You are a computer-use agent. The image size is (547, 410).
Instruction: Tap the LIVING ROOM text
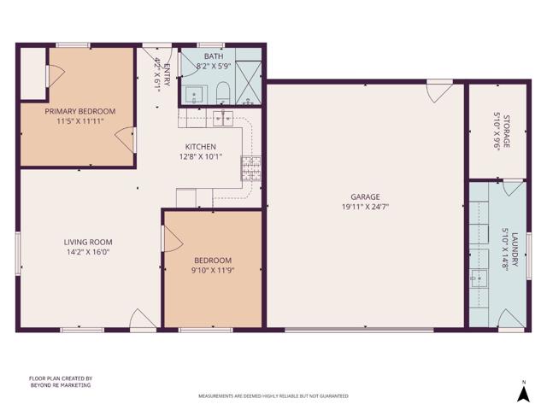pos(88,242)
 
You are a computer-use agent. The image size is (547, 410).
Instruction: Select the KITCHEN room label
pos(203,147)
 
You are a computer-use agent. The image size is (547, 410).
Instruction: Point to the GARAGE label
pos(365,196)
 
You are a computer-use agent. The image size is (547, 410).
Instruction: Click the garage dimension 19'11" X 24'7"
pos(365,207)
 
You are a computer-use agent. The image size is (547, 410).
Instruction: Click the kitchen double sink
pos(224,117)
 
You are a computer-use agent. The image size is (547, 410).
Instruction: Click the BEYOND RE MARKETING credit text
pos(60,385)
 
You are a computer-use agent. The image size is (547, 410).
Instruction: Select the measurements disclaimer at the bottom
pos(273,396)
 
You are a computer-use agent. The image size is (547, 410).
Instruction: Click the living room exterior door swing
pos(143,320)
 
